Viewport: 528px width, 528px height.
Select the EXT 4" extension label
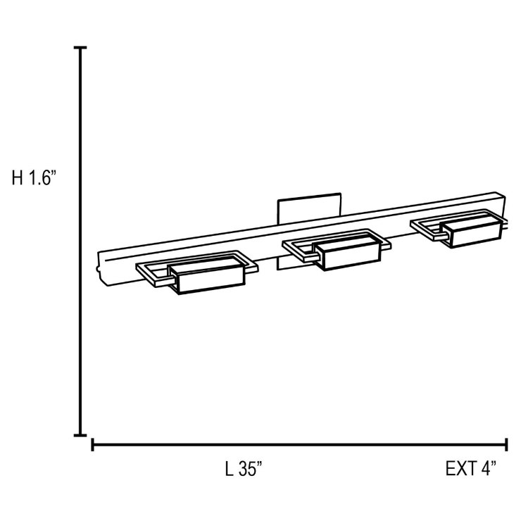coord(471,468)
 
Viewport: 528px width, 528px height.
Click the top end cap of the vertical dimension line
coord(81,48)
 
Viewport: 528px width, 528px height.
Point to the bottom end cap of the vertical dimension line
coord(81,436)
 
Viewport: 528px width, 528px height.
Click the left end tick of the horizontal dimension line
coord(93,445)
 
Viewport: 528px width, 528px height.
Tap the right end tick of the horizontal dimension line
coord(507,445)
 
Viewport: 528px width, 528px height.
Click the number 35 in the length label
coord(249,468)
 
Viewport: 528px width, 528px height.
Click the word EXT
coord(459,468)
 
